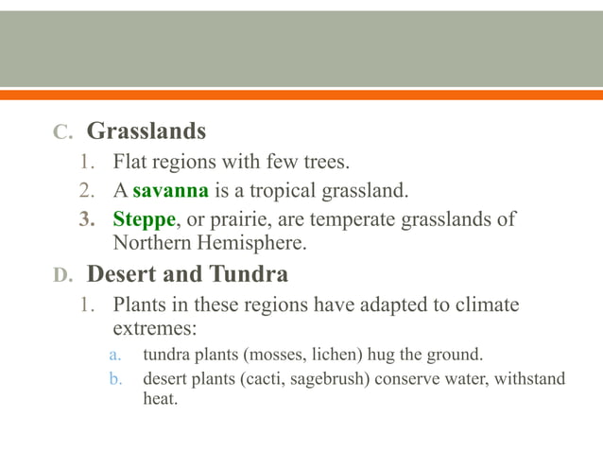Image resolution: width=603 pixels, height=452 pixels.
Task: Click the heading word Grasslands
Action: (146, 130)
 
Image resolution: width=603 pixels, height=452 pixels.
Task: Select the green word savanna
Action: (170, 192)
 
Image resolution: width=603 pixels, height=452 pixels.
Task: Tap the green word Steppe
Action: (144, 220)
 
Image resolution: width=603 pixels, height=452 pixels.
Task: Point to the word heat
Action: (159, 400)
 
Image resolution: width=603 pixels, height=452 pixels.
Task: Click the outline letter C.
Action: (60, 131)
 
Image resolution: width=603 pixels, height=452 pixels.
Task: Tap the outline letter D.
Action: (60, 276)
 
